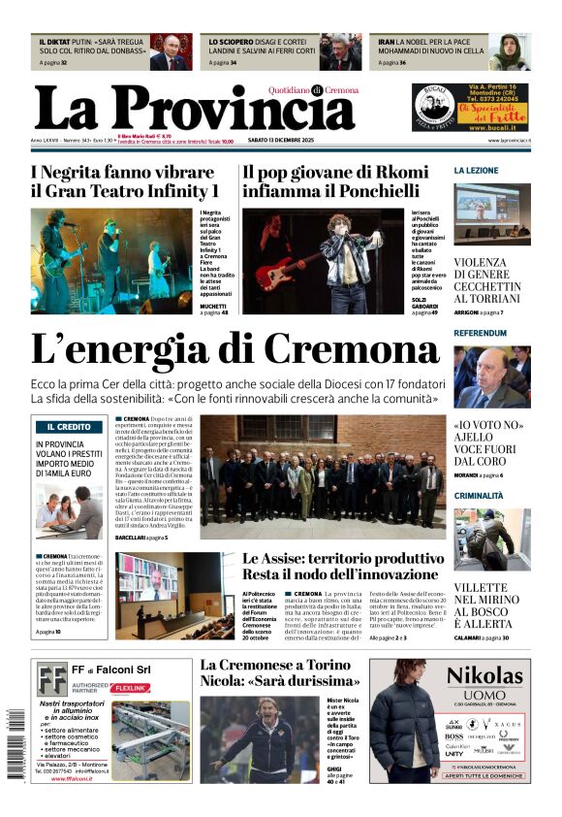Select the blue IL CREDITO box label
coord(68,427)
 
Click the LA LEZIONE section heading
coord(477,170)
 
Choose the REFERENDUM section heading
coord(481,333)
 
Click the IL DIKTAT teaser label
coord(53,43)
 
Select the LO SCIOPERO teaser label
coord(227,43)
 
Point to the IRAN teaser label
coord(386,43)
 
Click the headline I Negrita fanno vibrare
coord(123,181)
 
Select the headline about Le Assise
coord(343,566)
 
